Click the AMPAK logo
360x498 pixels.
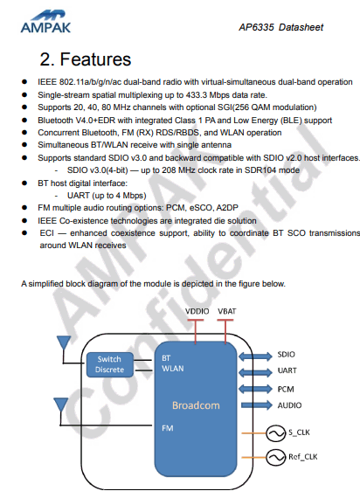click(45, 22)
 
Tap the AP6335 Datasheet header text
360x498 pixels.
click(280, 27)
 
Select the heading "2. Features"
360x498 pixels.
click(85, 59)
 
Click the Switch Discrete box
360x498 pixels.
click(109, 364)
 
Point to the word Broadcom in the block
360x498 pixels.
click(196, 405)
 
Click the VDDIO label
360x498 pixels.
click(197, 311)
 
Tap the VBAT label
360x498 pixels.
click(227, 311)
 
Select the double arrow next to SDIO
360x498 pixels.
click(255, 356)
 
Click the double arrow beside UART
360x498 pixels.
click(255, 372)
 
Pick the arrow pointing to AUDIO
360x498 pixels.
click(256, 405)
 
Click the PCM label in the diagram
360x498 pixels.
click(286, 389)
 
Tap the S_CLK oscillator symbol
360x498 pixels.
click(275, 433)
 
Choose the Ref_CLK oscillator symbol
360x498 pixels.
click(275, 457)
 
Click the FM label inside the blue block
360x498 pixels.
click(168, 428)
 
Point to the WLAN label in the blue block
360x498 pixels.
click(172, 369)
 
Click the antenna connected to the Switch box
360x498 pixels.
click(64, 343)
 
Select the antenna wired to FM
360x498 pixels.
click(61, 405)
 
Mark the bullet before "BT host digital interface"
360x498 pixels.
click(24, 183)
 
